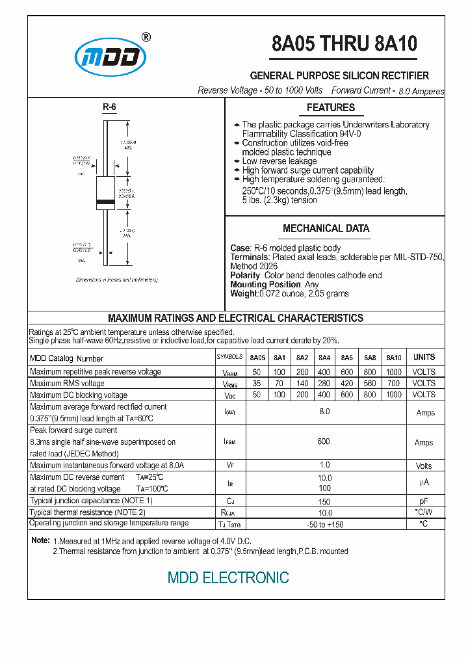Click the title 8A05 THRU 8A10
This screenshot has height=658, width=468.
tap(344, 44)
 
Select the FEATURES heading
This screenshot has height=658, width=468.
tap(331, 108)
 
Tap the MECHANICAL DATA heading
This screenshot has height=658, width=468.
tap(326, 229)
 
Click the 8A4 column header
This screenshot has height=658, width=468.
tap(324, 358)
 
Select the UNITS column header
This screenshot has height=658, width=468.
tap(424, 358)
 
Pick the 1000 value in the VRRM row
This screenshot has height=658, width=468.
tap(394, 372)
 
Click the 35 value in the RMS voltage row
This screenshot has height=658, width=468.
tap(257, 384)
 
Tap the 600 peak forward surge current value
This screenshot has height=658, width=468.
tap(324, 441)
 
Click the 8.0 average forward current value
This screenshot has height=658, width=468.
tap(324, 412)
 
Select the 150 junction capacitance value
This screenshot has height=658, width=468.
tap(324, 501)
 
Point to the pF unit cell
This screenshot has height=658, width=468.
tap(424, 501)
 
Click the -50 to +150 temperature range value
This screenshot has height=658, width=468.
tap(324, 524)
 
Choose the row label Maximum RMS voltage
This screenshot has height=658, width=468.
tap(67, 384)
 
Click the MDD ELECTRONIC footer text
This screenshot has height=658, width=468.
tap(228, 577)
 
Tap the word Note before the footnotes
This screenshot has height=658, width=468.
tap(40, 541)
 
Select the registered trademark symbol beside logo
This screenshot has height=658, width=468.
tap(146, 37)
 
